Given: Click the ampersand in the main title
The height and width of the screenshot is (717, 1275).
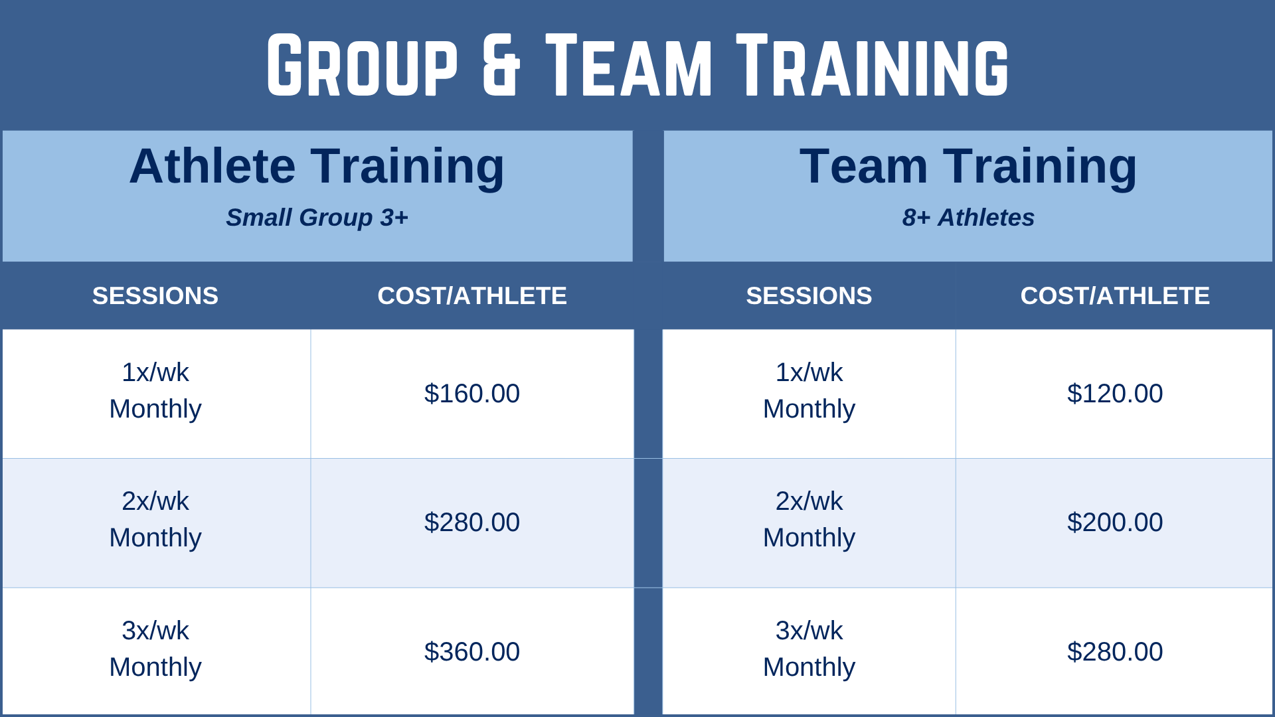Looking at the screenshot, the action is (501, 65).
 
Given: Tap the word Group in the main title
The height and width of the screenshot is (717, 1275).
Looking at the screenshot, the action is (363, 65).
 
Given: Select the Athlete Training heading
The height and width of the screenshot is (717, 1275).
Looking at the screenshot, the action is (317, 166).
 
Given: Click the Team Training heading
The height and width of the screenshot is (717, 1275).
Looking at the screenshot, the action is (968, 166).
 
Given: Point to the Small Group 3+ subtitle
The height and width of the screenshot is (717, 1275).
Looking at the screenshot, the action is (317, 218).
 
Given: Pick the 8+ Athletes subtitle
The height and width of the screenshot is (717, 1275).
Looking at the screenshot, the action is (968, 218).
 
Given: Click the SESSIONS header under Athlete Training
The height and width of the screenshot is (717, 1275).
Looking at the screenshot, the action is (155, 296).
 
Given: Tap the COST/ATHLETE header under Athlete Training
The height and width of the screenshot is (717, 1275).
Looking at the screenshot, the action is (472, 296).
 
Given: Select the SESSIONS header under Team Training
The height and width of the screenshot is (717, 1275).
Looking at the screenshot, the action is (809, 296).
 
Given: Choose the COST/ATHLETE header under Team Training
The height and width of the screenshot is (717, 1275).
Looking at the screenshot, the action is (1115, 296).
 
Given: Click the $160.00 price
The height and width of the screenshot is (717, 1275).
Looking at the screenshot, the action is (472, 394).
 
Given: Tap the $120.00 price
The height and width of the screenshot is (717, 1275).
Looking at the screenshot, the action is (1115, 394).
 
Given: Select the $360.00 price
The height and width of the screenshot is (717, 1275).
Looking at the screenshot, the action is (472, 652).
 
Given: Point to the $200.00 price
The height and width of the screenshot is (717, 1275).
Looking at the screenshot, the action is (1115, 522).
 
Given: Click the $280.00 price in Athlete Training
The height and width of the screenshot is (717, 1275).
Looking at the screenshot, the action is (472, 522).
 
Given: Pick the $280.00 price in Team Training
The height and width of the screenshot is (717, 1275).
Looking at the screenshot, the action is (1115, 652).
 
